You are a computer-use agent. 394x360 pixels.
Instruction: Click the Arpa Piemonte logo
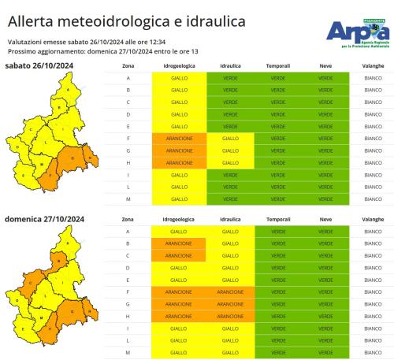pyautogui.click(x=356, y=32)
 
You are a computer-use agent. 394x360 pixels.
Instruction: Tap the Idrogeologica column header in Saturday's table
pyautogui.click(x=179, y=65)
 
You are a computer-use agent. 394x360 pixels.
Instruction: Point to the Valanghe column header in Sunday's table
pyautogui.click(x=373, y=218)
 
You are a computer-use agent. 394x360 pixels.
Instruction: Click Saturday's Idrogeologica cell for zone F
pyautogui.click(x=179, y=138)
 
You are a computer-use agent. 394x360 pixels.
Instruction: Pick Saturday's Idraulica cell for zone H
pyautogui.click(x=230, y=162)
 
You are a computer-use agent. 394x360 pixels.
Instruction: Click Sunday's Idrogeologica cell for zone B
pyautogui.click(x=179, y=243)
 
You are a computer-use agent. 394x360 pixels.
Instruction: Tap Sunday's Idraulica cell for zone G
pyautogui.click(x=230, y=303)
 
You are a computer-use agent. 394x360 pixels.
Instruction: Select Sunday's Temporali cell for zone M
pyautogui.click(x=278, y=352)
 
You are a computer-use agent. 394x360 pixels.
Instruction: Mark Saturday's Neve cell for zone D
pyautogui.click(x=325, y=114)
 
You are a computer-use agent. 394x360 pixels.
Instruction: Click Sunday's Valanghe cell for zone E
pyautogui.click(x=373, y=280)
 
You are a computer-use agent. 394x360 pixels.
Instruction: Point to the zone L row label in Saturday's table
pyautogui.click(x=128, y=187)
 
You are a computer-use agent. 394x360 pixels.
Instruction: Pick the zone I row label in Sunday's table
pyautogui.click(x=128, y=328)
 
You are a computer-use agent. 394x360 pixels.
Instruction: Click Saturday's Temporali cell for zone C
pyautogui.click(x=278, y=102)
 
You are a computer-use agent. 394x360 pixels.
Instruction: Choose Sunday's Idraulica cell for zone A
pyautogui.click(x=230, y=232)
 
